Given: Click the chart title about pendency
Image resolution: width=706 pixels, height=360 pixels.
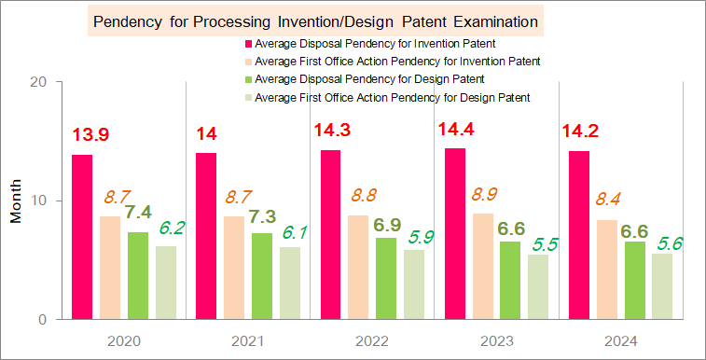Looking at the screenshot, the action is click(315, 22).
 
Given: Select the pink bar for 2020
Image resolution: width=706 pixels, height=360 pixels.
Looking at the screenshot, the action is click(82, 237).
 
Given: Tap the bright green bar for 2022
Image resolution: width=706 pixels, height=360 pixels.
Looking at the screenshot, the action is click(386, 279).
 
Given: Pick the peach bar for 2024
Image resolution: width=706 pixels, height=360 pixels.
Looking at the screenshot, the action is click(606, 270).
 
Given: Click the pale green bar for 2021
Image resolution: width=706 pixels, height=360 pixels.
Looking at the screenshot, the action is click(290, 283).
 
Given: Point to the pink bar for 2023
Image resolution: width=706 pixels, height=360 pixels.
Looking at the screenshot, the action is click(455, 234).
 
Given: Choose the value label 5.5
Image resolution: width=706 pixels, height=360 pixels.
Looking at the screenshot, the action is click(546, 244).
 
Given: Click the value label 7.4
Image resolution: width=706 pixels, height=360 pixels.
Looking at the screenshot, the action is click(138, 212).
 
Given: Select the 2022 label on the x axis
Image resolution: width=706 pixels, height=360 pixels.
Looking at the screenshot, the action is click(372, 342).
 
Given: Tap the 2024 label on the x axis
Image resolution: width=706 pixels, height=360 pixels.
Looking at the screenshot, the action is click(621, 342).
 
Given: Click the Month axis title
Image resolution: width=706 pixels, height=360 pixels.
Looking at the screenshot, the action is click(16, 201).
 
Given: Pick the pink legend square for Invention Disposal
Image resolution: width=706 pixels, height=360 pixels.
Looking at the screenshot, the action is click(248, 44).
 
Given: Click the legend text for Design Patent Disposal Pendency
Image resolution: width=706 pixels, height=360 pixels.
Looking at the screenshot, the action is click(369, 79).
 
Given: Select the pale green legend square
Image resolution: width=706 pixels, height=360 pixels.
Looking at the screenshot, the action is click(248, 97).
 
